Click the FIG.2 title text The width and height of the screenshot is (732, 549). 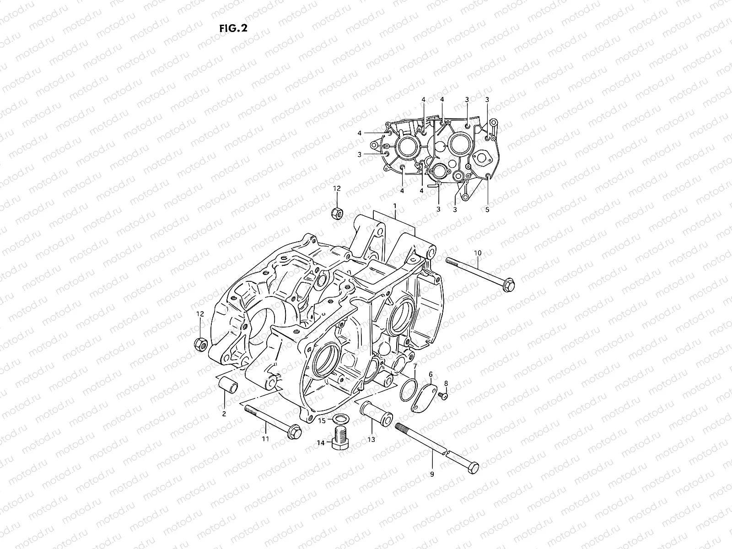click(233, 28)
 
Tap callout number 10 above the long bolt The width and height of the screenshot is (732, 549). click(478, 253)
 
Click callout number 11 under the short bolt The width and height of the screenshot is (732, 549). click(265, 439)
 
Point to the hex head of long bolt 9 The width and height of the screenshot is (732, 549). click(473, 468)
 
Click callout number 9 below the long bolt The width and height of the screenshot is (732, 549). click(431, 474)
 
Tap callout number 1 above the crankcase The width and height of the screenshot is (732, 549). click(394, 206)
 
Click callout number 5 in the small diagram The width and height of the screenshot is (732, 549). click(487, 210)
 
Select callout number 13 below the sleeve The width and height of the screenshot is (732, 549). click(371, 439)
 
